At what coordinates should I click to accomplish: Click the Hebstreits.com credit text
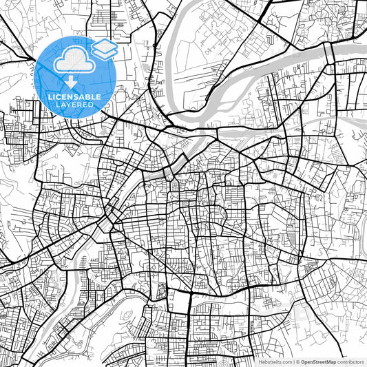pyautogui.click(x=273, y=361)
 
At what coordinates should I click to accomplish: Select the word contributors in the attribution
pyautogui.click(x=350, y=361)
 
